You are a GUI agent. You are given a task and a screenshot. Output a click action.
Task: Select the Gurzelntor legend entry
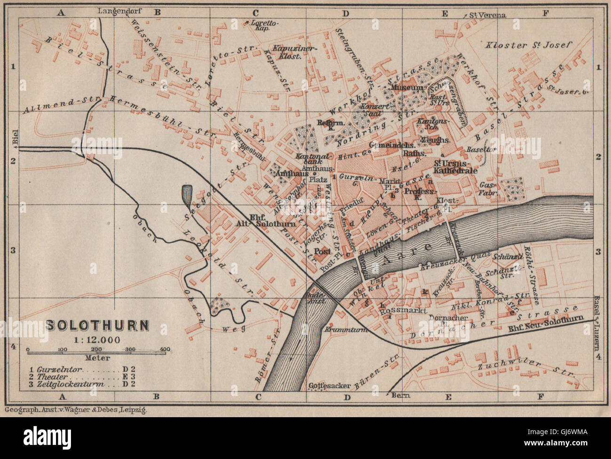tap(70, 370)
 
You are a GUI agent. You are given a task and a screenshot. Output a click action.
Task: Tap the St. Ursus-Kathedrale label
tap(455, 167)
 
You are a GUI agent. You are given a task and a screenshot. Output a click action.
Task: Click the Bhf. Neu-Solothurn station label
tap(545, 324)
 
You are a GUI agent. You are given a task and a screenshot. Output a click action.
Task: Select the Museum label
tap(407, 88)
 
